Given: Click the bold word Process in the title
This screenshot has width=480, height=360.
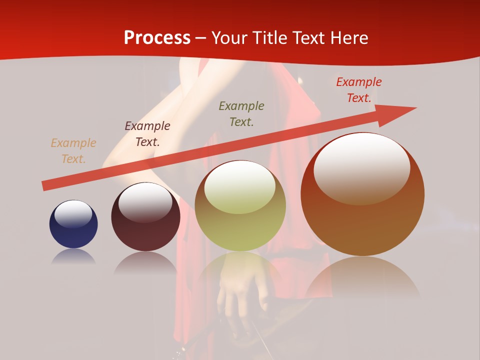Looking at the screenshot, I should [157, 38].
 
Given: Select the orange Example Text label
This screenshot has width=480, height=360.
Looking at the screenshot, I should [73, 151].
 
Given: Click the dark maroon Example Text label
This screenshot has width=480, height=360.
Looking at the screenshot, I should [147, 134].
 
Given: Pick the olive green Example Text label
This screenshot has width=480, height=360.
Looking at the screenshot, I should [241, 114].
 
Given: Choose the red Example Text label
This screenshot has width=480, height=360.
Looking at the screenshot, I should [358, 90].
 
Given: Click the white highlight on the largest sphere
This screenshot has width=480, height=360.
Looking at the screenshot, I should [361, 167].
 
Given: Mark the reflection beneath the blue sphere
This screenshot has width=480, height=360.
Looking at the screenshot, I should [73, 256].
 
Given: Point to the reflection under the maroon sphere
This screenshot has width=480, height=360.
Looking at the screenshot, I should [145, 262].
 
